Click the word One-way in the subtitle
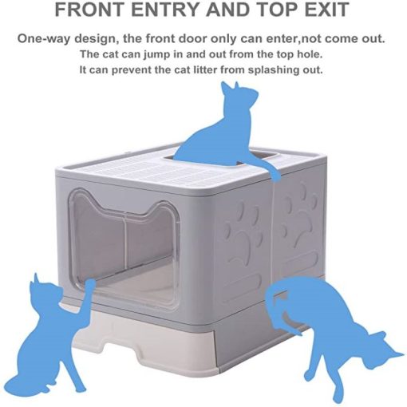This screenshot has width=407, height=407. click(44, 39)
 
